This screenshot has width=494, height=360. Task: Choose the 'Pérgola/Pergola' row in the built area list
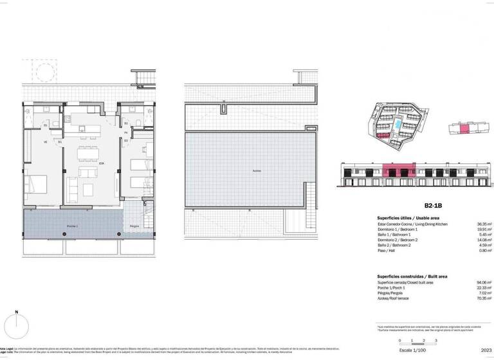(390, 292)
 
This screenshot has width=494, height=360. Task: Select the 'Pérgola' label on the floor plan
(134, 226)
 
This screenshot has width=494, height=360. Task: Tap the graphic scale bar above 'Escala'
(417, 341)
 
